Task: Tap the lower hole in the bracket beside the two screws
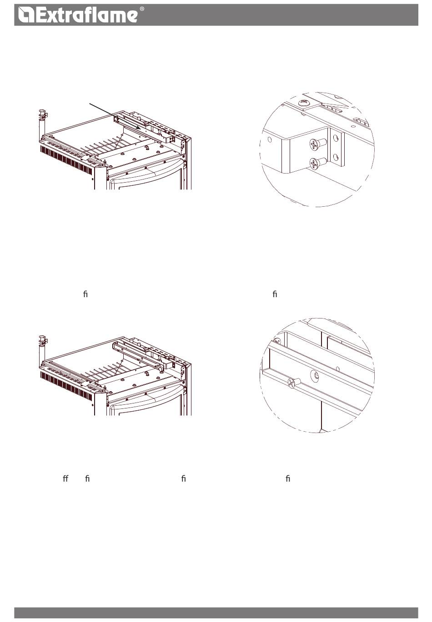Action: [336, 158]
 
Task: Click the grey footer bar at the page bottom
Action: [216, 612]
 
